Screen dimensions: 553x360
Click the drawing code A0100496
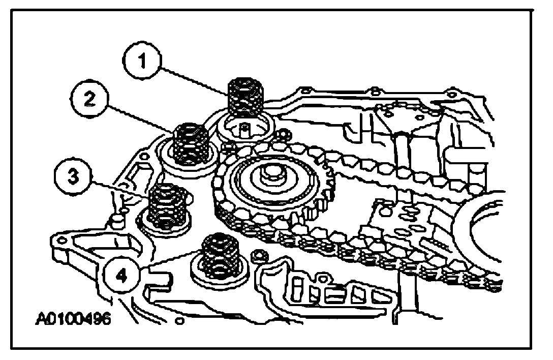click(74, 320)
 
